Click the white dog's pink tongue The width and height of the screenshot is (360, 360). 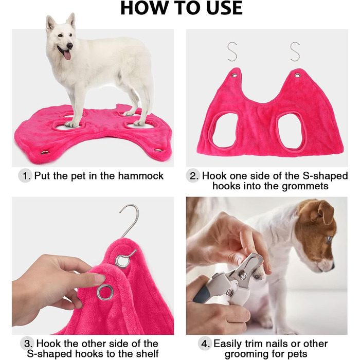67,55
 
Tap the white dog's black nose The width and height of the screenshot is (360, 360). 70,46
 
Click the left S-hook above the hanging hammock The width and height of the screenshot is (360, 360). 232,51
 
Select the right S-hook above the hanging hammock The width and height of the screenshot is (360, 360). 295,51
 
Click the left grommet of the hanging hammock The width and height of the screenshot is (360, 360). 235,75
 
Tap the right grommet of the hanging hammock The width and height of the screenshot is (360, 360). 298,75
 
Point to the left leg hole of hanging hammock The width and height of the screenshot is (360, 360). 225,131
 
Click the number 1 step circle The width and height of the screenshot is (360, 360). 25,176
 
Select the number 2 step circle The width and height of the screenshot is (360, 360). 193,176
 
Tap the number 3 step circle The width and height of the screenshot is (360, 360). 27,344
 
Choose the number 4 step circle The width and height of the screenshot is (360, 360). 205,344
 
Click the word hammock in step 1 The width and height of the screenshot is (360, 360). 140,176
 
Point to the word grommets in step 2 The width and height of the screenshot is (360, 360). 305,186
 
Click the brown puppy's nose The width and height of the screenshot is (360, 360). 332,267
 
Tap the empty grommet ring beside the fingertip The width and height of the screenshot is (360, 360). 105,293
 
